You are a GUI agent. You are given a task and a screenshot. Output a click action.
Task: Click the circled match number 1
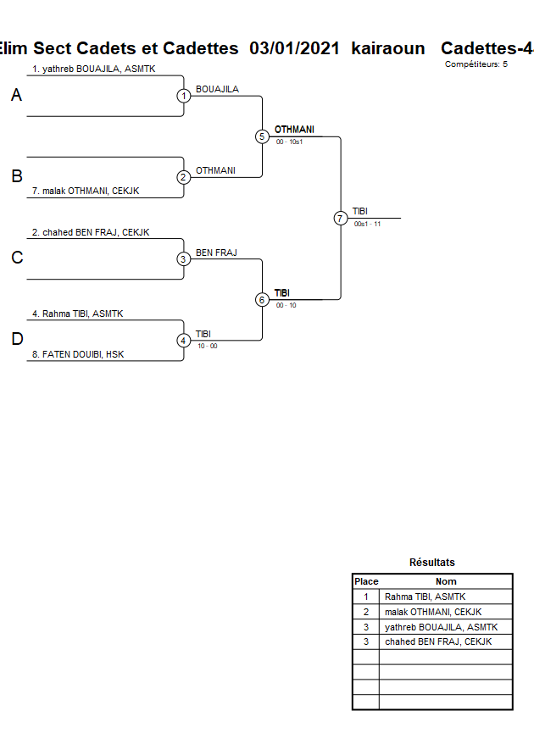[184, 96]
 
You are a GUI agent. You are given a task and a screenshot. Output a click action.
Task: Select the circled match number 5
[262, 136]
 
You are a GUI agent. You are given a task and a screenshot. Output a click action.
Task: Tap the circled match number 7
[341, 218]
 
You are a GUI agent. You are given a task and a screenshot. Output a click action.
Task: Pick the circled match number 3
[184, 259]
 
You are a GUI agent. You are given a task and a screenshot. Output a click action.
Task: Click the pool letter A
[16, 96]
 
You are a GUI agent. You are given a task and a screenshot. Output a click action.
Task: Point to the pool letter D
[16, 340]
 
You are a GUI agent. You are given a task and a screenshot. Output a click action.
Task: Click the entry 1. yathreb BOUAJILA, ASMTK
[93, 69]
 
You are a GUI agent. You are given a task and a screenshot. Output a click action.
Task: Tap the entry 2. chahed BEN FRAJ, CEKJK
[90, 232]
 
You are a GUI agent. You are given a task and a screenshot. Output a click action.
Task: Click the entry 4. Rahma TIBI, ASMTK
[77, 314]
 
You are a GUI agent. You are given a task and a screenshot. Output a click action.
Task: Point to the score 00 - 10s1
[289, 142]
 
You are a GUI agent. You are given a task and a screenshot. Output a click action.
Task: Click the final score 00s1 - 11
[367, 224]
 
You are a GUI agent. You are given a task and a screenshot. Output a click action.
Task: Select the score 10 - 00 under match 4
[207, 346]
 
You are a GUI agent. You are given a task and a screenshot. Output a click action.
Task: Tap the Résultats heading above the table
[431, 562]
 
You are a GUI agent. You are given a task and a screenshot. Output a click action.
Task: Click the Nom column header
[446, 581]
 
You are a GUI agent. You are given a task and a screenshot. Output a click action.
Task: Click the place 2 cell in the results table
[366, 612]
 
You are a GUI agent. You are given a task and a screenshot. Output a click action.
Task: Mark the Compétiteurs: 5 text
[476, 64]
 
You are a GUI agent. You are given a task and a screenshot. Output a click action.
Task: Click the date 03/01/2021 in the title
[295, 48]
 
